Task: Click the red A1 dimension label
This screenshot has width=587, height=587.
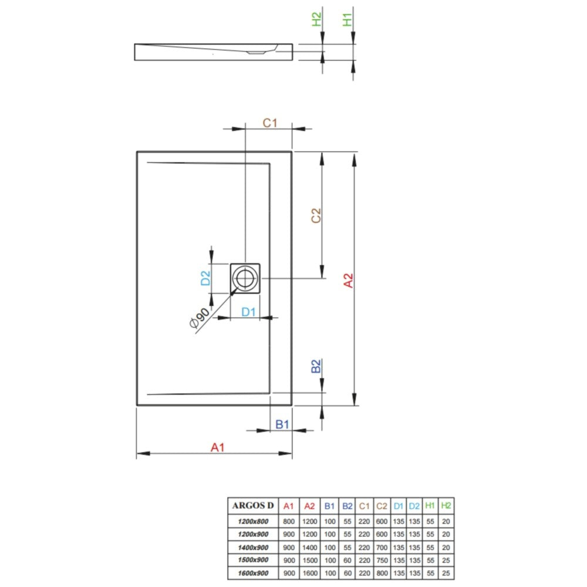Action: click(217, 447)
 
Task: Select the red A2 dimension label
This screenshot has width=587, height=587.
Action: click(348, 281)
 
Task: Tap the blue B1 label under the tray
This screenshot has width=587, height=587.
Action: click(282, 424)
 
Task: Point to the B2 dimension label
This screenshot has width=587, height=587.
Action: click(316, 366)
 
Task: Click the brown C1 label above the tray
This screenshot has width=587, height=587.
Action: click(269, 123)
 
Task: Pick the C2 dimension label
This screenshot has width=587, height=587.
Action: click(316, 215)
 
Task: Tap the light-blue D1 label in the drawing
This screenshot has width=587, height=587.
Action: click(248, 312)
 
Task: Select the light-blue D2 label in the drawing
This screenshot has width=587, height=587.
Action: click(205, 278)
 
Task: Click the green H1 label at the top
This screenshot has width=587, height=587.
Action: click(348, 19)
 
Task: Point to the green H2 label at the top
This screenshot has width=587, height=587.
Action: click(317, 19)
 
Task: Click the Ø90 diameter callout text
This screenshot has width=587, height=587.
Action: click(200, 318)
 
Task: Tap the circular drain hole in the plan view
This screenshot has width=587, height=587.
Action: click(245, 278)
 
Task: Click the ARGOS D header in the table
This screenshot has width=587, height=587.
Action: click(253, 505)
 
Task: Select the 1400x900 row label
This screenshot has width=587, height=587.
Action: click(253, 547)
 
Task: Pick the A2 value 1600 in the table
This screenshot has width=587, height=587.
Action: click(310, 573)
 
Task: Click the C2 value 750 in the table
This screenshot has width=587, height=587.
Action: click(382, 560)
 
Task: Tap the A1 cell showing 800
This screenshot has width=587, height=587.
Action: click(289, 521)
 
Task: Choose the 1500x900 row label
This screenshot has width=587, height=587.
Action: click(253, 560)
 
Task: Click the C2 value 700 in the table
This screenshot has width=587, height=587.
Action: click(382, 547)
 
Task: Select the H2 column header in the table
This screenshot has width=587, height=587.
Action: click(446, 506)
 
